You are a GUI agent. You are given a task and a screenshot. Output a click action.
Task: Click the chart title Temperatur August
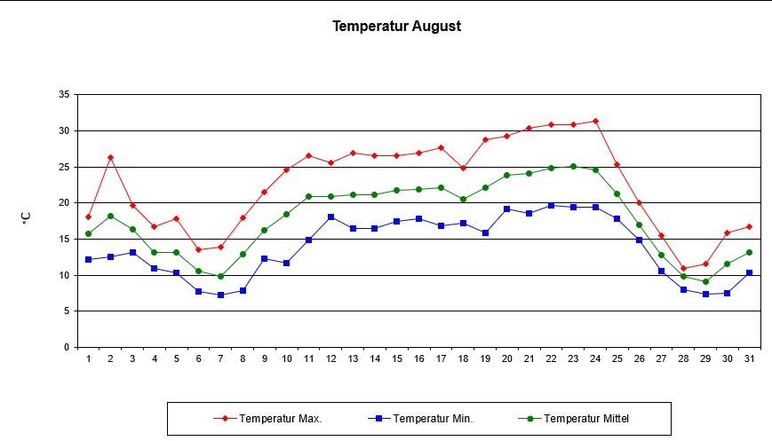coord(396,26)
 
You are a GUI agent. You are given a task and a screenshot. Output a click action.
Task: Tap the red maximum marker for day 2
coord(110,157)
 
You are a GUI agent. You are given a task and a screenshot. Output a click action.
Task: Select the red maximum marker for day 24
coord(595,121)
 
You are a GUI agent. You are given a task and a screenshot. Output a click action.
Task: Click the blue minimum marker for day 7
coord(220,295)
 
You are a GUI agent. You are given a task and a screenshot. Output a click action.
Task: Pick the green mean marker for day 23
coord(573,166)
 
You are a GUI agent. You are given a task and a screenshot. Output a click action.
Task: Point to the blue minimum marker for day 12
coord(330,217)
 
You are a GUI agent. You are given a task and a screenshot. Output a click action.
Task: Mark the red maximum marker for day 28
coord(683,268)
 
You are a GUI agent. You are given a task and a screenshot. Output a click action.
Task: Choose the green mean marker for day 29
coord(705,281)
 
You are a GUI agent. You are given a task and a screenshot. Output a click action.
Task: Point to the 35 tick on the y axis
coord(64,94)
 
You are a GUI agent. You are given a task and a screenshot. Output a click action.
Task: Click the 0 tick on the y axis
coord(67,347)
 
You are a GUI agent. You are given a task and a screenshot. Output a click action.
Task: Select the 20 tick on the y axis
coord(64,202)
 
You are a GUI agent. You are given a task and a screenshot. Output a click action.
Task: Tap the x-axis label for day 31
coord(749,358)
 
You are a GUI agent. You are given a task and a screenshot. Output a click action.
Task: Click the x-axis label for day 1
coord(88,358)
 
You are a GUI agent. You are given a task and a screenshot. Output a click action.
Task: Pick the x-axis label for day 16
coord(418,358)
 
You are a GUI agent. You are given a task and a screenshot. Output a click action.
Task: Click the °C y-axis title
coord(28,217)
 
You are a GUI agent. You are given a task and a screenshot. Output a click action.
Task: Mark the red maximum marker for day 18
coord(463,168)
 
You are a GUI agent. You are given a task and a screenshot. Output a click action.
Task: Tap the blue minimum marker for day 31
coord(749,272)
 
